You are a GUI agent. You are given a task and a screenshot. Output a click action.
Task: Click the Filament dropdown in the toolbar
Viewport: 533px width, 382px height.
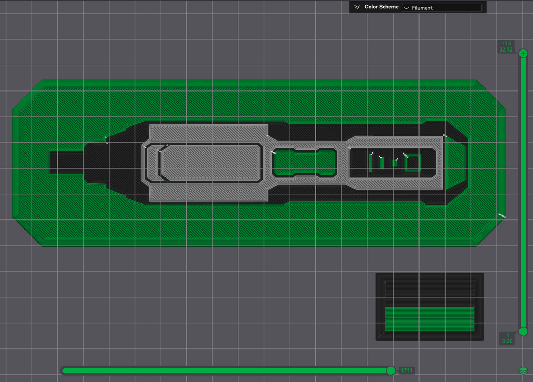tap(442, 8)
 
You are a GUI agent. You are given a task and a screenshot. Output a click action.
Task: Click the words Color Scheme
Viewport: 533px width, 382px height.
tap(382, 7)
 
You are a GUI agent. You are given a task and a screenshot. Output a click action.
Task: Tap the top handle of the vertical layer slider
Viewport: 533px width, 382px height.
tap(523, 54)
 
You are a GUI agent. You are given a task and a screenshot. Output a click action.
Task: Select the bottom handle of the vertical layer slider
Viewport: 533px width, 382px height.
tap(523, 332)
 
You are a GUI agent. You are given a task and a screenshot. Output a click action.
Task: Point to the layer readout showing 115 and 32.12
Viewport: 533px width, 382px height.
tap(506, 46)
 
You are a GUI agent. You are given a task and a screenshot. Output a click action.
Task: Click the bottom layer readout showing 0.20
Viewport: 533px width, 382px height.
tap(507, 338)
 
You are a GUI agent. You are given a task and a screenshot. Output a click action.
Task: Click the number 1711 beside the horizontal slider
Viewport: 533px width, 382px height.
tap(406, 371)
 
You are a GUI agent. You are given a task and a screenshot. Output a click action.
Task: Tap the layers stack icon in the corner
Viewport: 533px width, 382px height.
tap(523, 371)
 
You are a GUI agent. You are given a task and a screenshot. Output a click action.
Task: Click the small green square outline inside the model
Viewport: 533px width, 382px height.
tap(413, 163)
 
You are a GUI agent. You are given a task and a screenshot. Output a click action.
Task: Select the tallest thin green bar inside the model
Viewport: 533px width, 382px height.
tap(370, 163)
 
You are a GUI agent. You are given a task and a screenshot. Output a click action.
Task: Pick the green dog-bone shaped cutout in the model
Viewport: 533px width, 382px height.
tap(304, 163)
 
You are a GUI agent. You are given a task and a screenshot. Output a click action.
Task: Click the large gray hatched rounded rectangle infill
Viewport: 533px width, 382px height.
tap(211, 163)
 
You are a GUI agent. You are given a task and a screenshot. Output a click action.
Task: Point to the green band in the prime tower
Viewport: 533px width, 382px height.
tap(429, 319)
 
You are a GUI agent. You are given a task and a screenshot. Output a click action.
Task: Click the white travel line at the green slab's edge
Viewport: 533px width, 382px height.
tap(502, 215)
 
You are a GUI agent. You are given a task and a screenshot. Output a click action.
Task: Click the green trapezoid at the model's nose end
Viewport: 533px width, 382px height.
tap(455, 163)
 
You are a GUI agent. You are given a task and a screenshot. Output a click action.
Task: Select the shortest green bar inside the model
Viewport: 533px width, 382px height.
tap(395, 163)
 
